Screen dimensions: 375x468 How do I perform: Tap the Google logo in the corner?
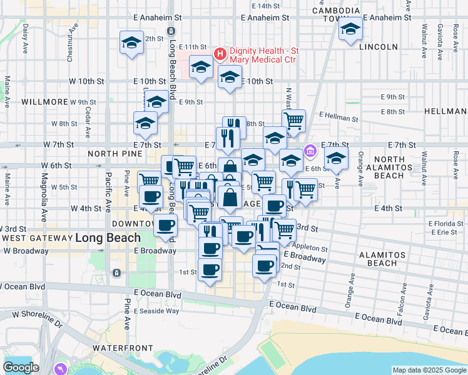[21, 367]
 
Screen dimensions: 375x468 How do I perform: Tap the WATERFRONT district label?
[123, 347]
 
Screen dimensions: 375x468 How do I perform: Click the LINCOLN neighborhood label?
[380, 47]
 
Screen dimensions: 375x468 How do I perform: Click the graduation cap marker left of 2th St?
[131, 42]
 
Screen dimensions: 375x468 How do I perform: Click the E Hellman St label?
[338, 117]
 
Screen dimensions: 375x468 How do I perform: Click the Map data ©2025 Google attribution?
[429, 370]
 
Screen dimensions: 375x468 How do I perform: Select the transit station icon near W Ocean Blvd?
[116, 273]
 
